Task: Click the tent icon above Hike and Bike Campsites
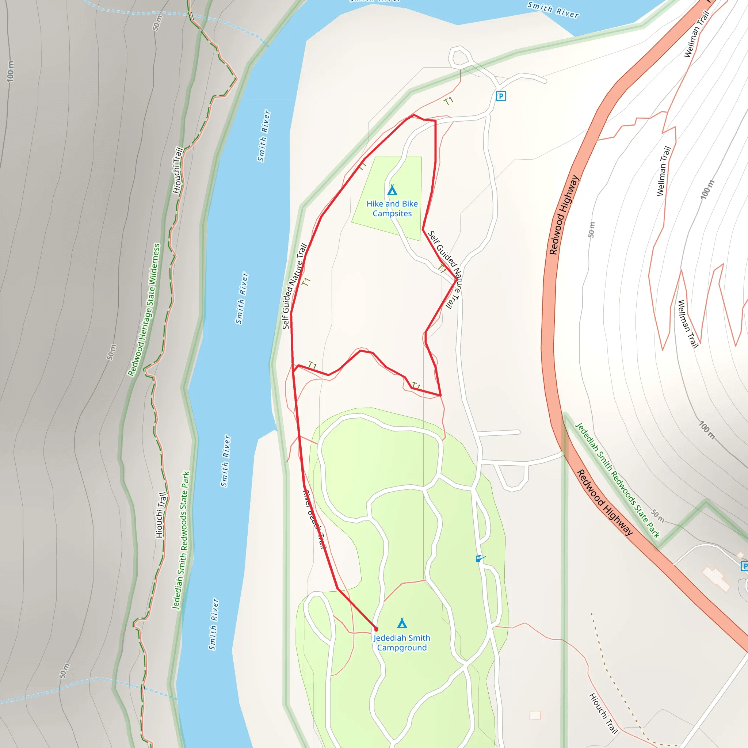[392, 190]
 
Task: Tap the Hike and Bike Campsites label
[392, 209]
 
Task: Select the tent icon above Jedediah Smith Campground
[402, 623]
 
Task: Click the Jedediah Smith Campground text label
[402, 643]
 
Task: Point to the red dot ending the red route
[376, 629]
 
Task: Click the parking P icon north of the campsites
[501, 96]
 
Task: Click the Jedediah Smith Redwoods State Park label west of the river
[181, 541]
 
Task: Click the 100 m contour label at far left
[11, 71]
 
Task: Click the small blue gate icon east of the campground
[479, 558]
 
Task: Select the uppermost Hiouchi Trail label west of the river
[177, 170]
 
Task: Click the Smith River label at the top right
[553, 10]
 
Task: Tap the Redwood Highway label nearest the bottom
[605, 503]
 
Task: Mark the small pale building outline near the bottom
[535, 715]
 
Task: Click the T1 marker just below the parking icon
[449, 102]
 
